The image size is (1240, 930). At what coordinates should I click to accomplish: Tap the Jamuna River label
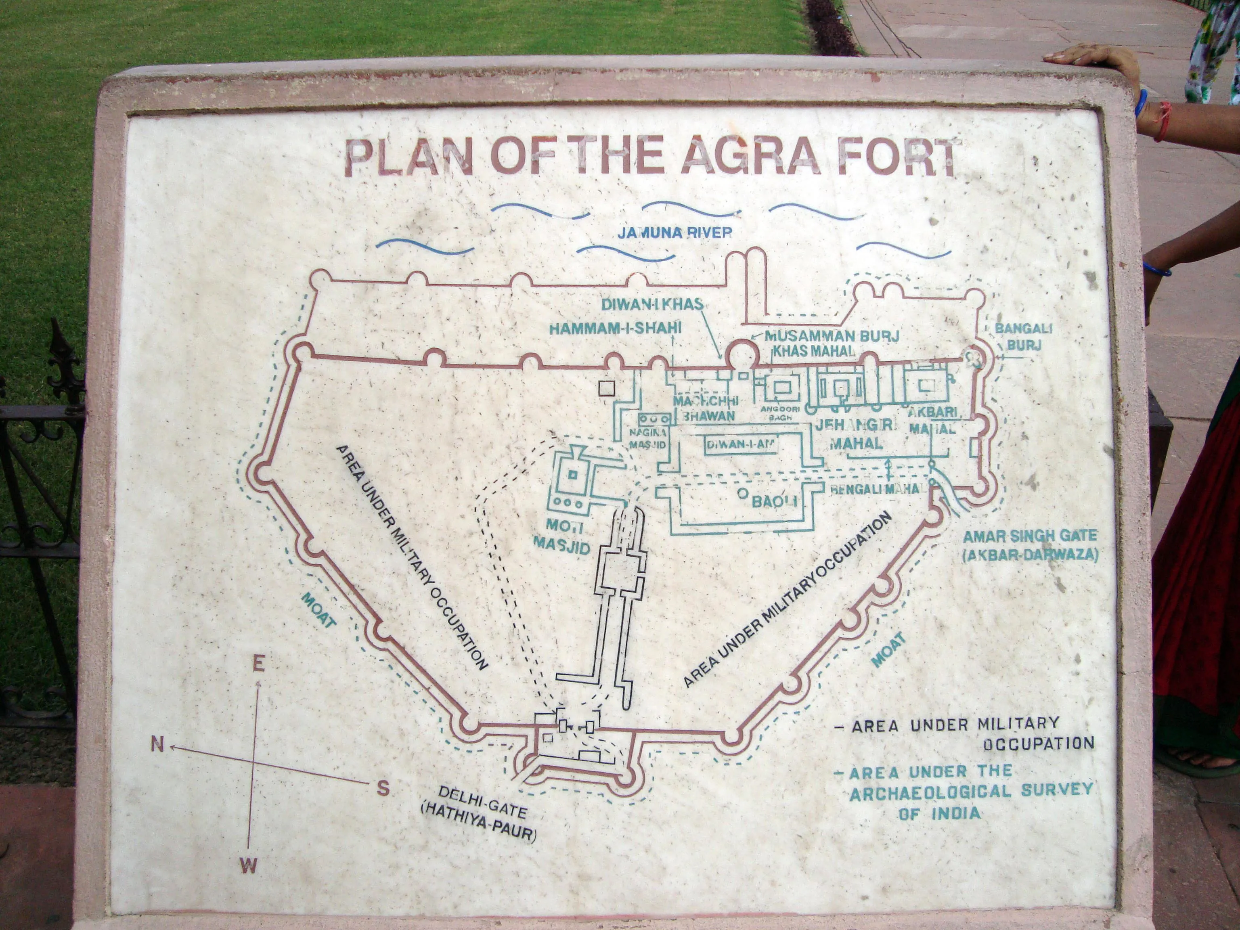tap(674, 232)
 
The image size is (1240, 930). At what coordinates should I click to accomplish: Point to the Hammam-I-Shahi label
tap(615, 328)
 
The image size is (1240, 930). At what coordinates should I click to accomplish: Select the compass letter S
tap(383, 789)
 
